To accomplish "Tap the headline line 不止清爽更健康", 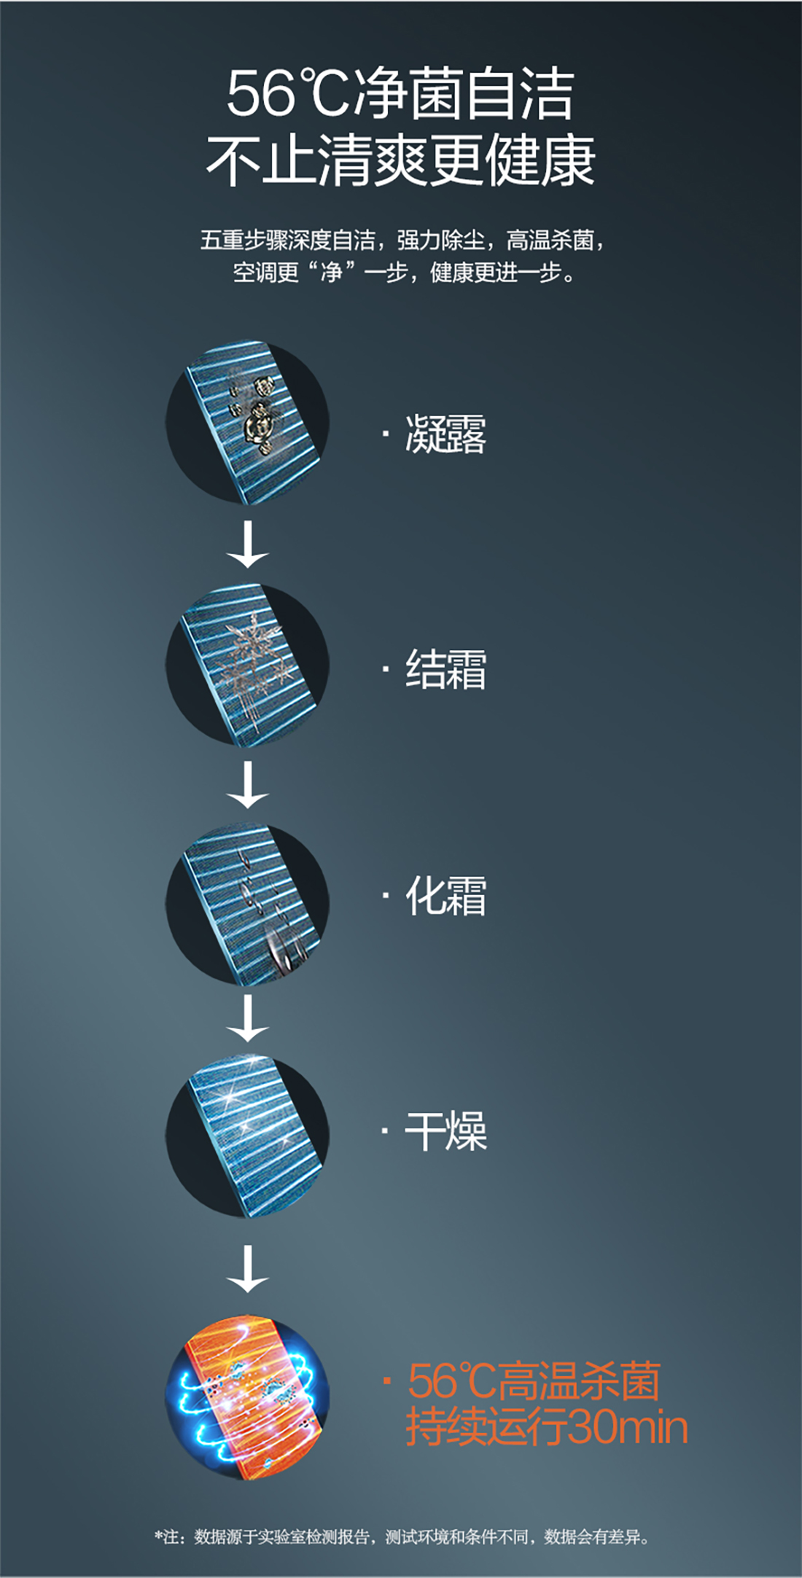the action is (400, 160).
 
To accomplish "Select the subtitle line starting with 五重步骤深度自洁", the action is (402, 240).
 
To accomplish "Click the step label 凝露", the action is (445, 434).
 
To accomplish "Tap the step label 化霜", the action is (445, 895).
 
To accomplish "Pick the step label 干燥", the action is (445, 1130).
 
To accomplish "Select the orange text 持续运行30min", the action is (547, 1426).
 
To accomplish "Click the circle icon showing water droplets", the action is (248, 422).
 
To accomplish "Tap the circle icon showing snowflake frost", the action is (248, 665).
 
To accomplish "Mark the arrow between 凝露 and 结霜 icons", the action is (248, 544).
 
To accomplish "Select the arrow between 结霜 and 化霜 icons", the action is (248, 784).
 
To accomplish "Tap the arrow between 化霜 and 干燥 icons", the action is (248, 1018).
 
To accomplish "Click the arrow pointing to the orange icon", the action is (248, 1268).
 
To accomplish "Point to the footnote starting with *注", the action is (402, 1536).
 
